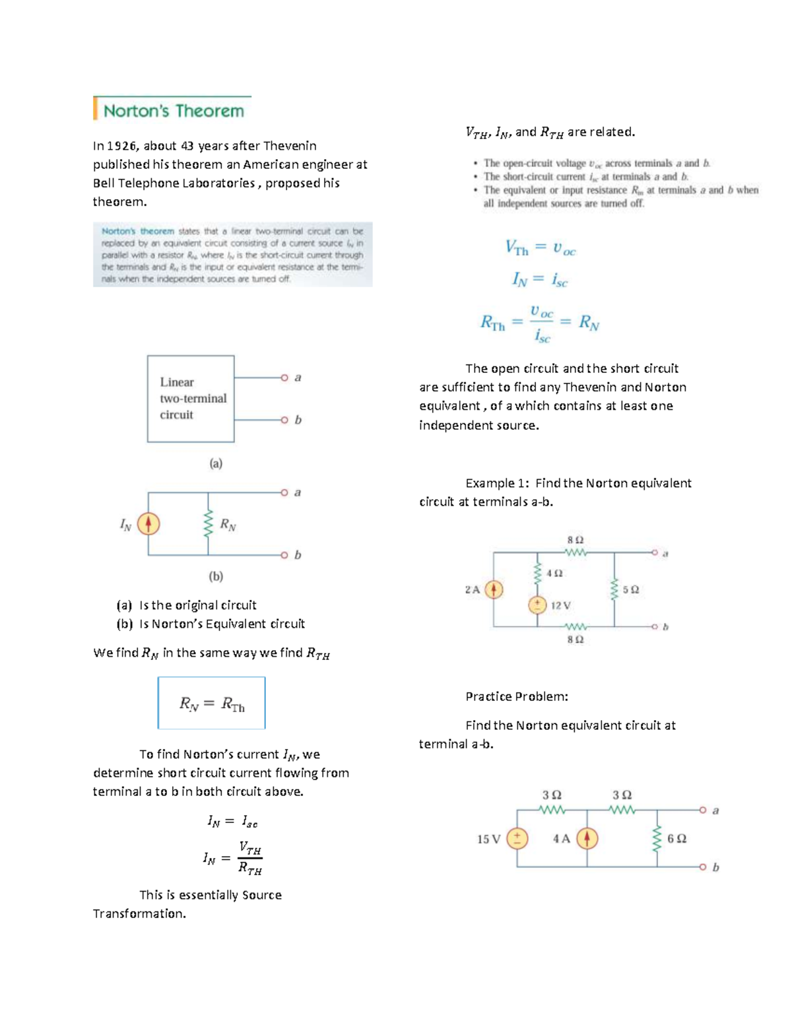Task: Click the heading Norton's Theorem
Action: coord(173,110)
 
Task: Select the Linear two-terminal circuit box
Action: coord(191,399)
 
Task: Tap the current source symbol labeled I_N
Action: coord(148,524)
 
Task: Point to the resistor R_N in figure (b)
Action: coord(209,525)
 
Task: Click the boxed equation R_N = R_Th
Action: coord(212,704)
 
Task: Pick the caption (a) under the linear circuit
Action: coord(216,463)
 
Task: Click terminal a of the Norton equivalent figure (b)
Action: coord(284,492)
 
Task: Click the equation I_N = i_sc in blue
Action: coord(540,280)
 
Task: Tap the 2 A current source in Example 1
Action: coord(494,589)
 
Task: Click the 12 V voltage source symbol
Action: coord(537,605)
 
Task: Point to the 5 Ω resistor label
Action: coord(630,589)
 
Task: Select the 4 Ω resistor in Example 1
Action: coord(537,573)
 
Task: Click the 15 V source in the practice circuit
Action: coord(517,839)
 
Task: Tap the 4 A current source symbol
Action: coord(587,839)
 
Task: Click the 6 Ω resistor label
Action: coord(676,839)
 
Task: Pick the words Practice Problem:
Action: coord(517,696)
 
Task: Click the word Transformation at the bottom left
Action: coord(139,914)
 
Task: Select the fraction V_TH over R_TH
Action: coord(250,858)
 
